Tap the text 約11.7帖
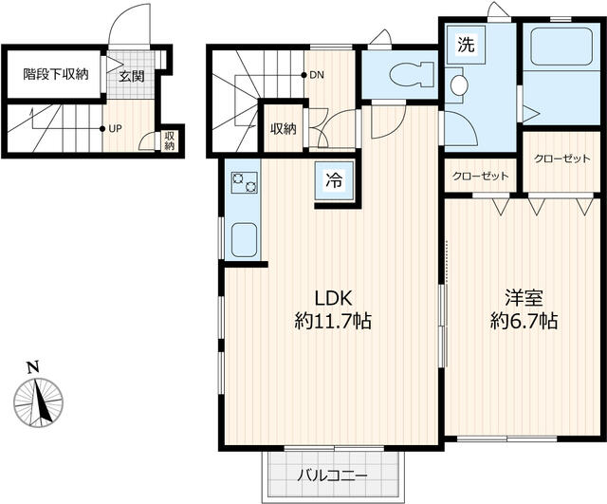[x=331, y=322]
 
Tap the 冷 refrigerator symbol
[x=335, y=178]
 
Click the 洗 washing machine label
[x=465, y=43]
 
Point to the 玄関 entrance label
[x=131, y=75]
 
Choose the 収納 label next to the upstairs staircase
[x=283, y=128]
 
